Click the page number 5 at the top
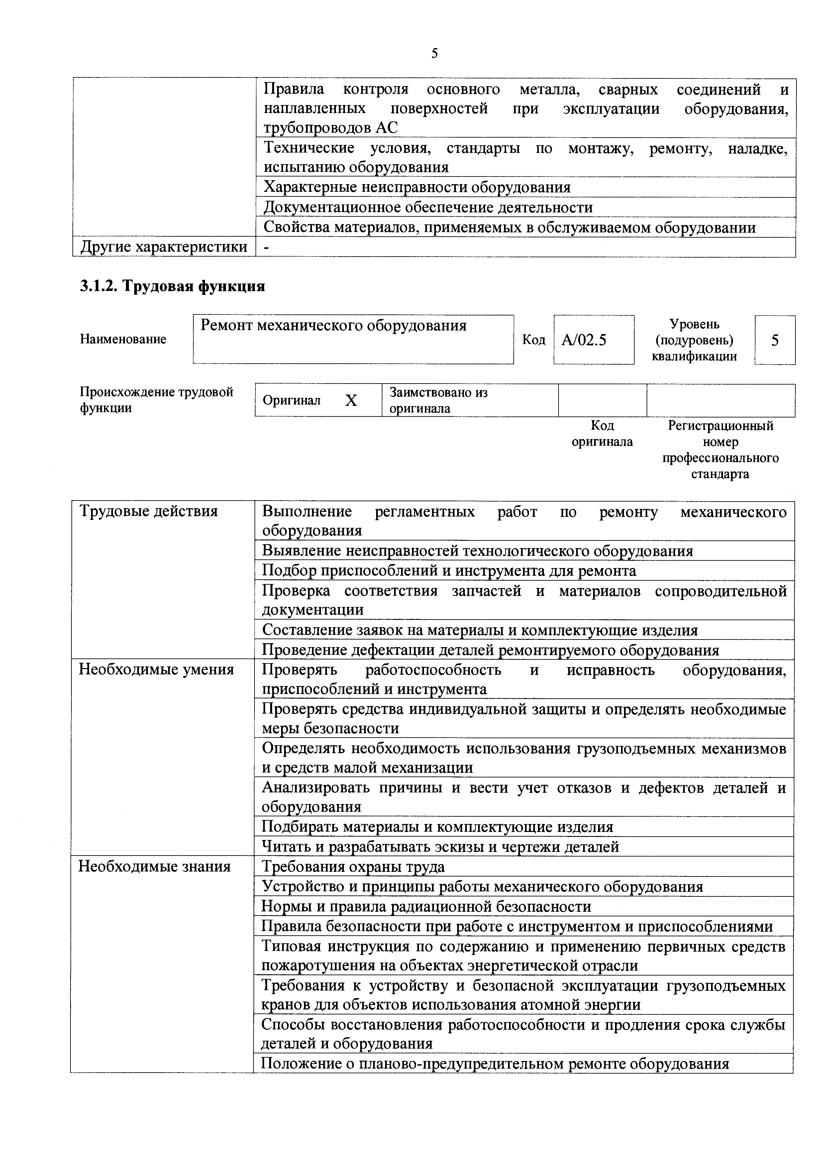pyautogui.click(x=435, y=53)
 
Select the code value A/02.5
pyautogui.click(x=584, y=340)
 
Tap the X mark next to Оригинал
pyautogui.click(x=351, y=401)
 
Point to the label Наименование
pyautogui.click(x=123, y=339)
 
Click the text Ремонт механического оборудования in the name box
pyautogui.click(x=334, y=325)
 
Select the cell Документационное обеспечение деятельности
pyautogui.click(x=428, y=207)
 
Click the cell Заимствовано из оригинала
pyautogui.click(x=438, y=400)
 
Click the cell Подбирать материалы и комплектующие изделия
pyautogui.click(x=437, y=827)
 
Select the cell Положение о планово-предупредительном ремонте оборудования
pyautogui.click(x=495, y=1063)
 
